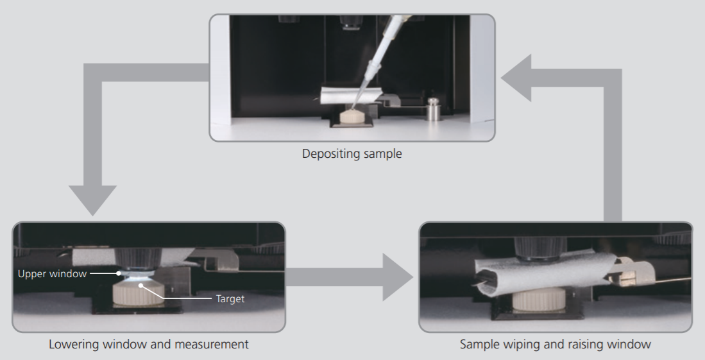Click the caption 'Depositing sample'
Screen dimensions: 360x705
click(x=352, y=154)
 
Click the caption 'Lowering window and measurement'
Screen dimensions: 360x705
click(x=149, y=345)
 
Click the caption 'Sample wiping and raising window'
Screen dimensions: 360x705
click(x=556, y=345)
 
